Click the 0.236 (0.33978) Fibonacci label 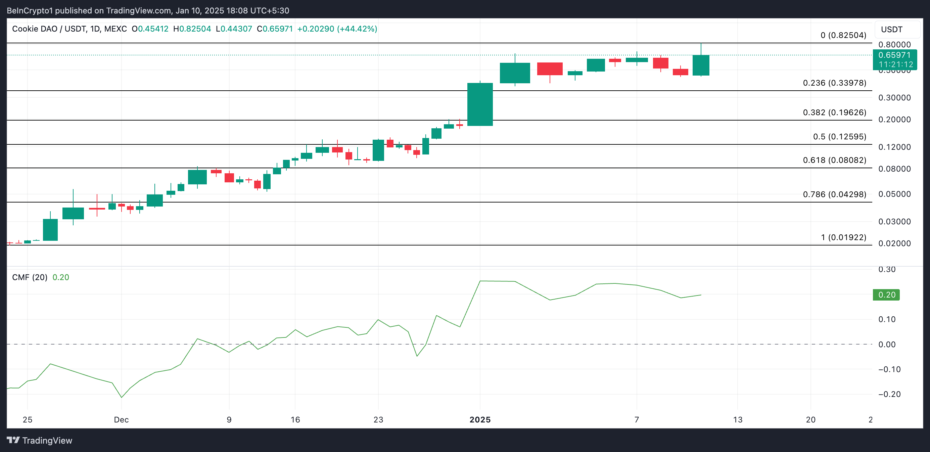834,83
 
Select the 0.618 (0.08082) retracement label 834,160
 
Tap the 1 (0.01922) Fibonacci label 843,237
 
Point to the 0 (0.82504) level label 843,35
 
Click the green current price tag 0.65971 894,55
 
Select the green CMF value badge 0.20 886,295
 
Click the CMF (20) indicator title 30,277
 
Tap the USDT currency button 891,30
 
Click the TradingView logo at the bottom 40,441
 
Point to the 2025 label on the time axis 480,419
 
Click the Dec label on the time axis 121,419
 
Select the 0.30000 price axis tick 894,97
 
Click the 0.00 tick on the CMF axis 887,345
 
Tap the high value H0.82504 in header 192,29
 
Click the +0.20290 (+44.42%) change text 337,29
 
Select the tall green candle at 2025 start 480,104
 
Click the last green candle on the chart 701,65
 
